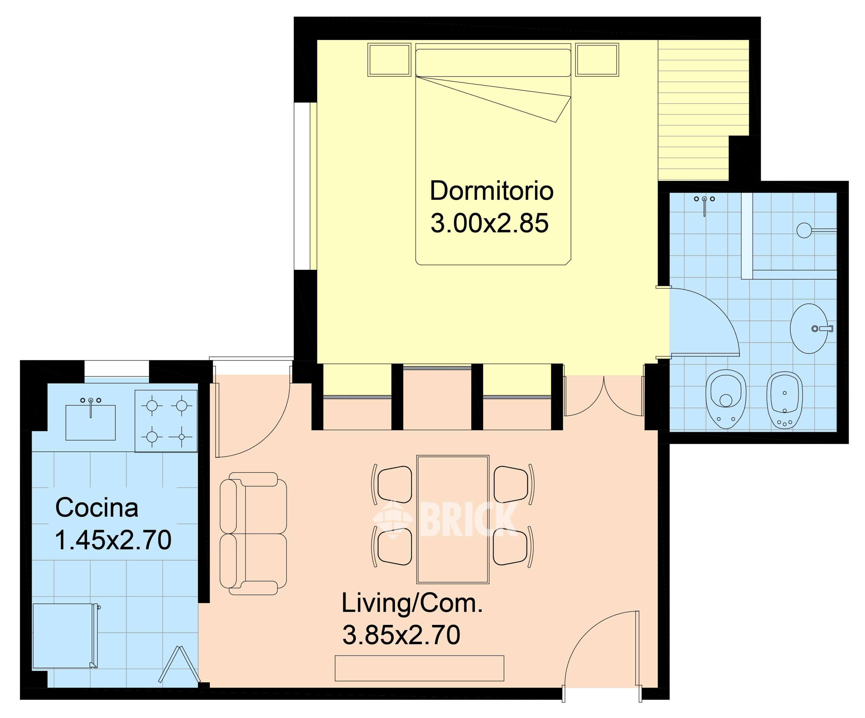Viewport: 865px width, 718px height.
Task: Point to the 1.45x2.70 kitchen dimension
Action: pos(113,540)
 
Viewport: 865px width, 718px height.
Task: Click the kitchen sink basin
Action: pos(91,422)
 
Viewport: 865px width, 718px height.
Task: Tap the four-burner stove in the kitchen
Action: pos(166,421)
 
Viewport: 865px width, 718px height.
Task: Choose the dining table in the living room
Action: pos(453,520)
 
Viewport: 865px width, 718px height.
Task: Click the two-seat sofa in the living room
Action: pos(253,534)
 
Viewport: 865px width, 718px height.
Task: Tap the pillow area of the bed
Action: pos(493,63)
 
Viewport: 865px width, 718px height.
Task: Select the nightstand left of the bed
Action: pos(389,60)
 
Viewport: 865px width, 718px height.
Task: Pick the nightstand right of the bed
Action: pos(597,60)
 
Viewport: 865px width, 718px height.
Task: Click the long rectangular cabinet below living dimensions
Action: pos(419,668)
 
